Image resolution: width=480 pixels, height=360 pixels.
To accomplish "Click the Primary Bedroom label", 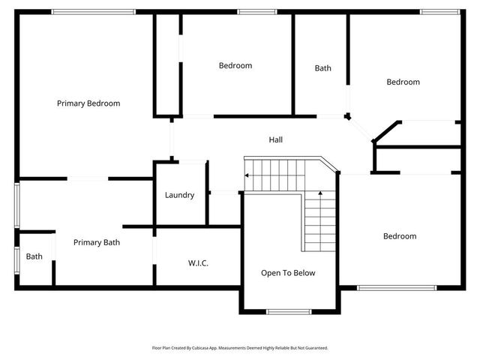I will coord(88,103).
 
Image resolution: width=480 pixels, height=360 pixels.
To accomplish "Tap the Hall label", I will coord(275,139).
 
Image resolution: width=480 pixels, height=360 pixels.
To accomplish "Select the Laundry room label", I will coord(179,195).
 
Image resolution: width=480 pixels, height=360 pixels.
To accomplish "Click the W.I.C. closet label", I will coord(198,263).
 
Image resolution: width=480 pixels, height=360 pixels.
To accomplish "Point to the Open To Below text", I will coord(288,273).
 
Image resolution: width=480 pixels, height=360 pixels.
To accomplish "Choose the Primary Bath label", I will coord(96,242).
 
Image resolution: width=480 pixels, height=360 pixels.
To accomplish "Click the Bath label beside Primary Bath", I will coord(34,256).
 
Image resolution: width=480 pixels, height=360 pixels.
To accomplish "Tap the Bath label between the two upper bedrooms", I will coord(322,68).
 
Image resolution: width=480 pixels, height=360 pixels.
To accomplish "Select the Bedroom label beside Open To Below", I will coord(399,236).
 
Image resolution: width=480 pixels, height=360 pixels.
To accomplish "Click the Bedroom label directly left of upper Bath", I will coord(235,65).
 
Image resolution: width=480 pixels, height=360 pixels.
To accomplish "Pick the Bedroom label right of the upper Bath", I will coord(403,82).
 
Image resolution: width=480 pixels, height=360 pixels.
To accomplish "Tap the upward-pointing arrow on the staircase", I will coord(322,195).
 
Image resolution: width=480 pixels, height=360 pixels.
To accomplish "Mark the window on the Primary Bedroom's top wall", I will coord(94,11).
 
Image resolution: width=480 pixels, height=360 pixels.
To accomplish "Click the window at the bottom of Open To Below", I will coord(289,311).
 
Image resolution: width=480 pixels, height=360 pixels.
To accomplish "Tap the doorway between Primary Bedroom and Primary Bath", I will coord(89,178).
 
